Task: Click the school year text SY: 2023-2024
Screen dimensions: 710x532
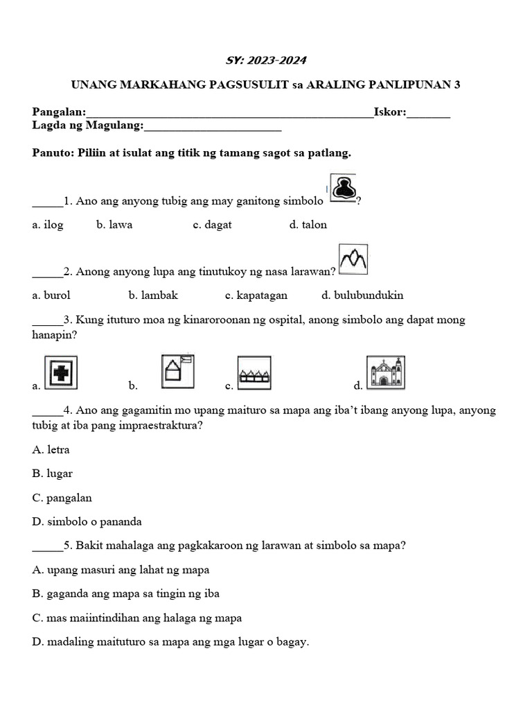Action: click(x=266, y=60)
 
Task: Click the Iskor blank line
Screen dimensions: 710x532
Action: click(x=429, y=113)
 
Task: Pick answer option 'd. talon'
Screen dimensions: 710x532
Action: click(x=308, y=225)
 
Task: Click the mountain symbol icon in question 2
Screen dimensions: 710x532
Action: click(x=353, y=259)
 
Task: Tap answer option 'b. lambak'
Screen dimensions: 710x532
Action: click(x=153, y=295)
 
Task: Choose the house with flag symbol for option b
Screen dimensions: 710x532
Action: click(x=178, y=371)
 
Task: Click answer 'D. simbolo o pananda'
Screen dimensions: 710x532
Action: click(x=87, y=521)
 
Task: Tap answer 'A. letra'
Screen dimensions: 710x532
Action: click(x=51, y=449)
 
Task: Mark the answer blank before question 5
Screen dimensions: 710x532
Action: click(x=46, y=546)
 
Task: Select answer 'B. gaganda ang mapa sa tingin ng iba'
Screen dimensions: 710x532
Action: click(x=126, y=594)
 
